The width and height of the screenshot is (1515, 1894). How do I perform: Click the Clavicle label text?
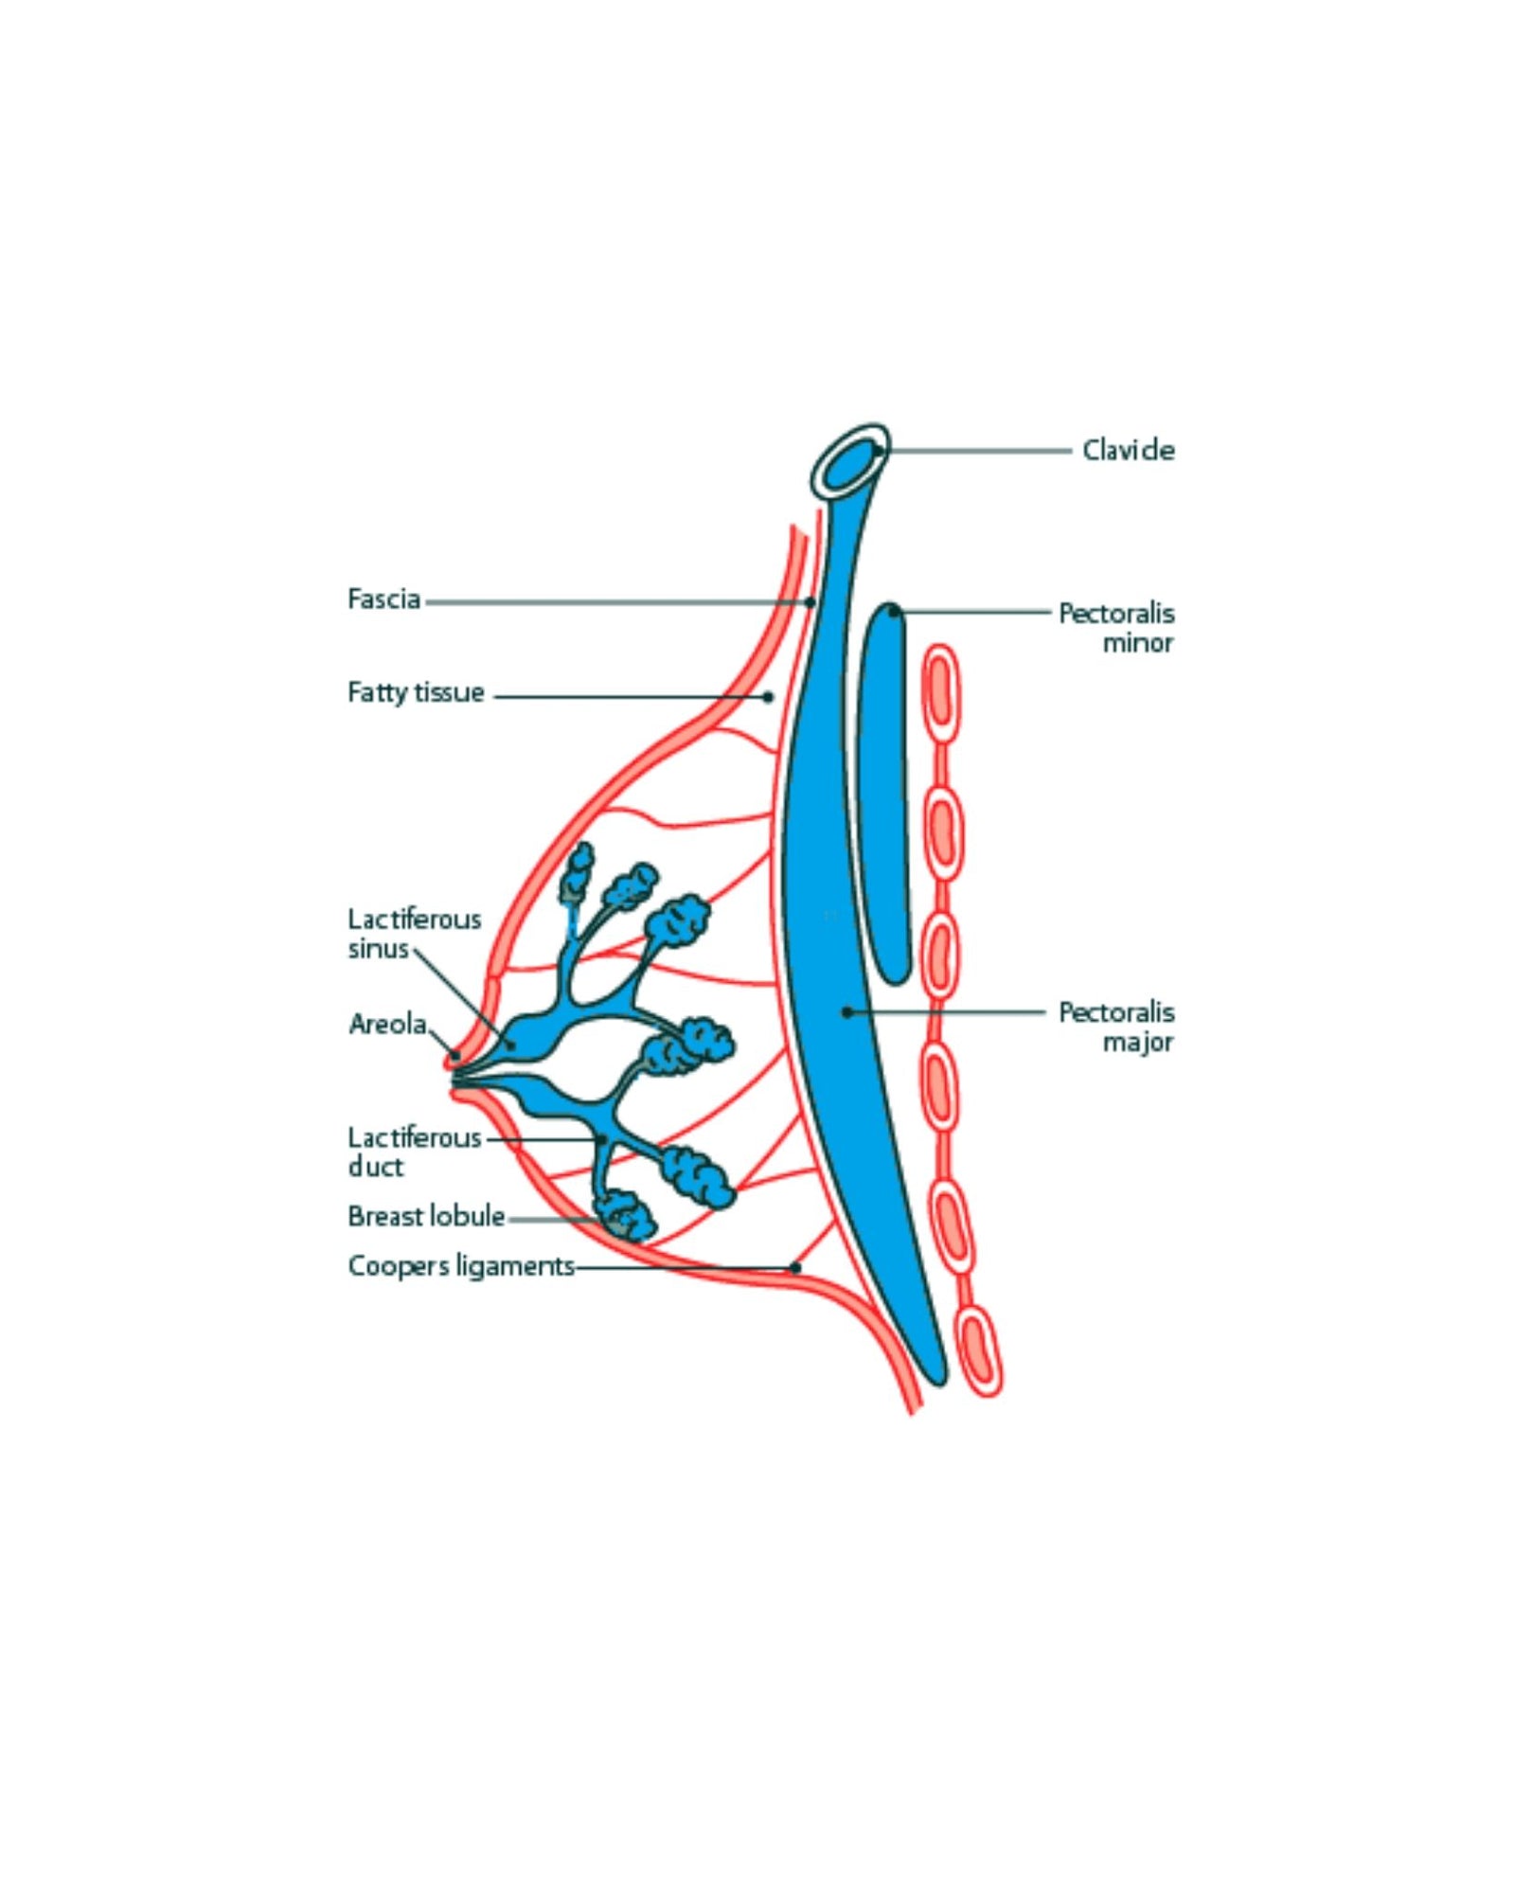click(1128, 451)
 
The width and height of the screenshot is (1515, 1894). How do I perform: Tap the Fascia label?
click(383, 599)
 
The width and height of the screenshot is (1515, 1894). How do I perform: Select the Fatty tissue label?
click(416, 692)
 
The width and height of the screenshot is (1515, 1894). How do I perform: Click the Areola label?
click(387, 1024)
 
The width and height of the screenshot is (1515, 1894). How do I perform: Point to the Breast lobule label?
click(426, 1216)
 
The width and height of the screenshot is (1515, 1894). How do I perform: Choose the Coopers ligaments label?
click(461, 1266)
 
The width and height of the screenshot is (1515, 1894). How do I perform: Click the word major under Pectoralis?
click(1137, 1043)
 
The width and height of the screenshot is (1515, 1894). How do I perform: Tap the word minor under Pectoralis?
click(1137, 643)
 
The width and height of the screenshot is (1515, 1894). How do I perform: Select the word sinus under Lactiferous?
click(378, 949)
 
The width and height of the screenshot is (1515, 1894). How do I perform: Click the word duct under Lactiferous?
click(375, 1167)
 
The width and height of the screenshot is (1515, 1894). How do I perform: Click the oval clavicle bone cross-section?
click(850, 461)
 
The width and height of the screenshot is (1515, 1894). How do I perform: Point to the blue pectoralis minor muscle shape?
click(883, 795)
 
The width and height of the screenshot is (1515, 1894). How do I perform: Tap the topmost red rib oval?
click(940, 691)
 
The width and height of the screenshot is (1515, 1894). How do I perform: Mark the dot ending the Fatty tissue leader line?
click(768, 697)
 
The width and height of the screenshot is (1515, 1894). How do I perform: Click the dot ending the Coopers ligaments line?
click(795, 1267)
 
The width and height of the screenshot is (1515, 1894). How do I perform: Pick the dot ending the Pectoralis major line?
click(847, 1012)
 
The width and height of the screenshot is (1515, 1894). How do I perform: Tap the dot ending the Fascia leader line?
click(810, 602)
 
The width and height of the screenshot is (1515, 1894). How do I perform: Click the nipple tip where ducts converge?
click(455, 1077)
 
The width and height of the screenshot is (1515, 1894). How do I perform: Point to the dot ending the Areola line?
click(455, 1054)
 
